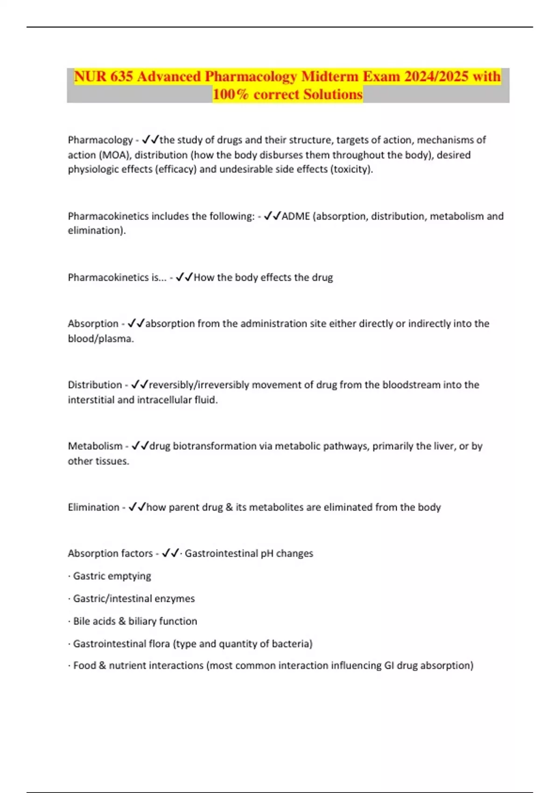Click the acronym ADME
tap(295, 216)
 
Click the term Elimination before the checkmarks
tap(93, 507)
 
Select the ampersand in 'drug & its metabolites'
tap(229, 507)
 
